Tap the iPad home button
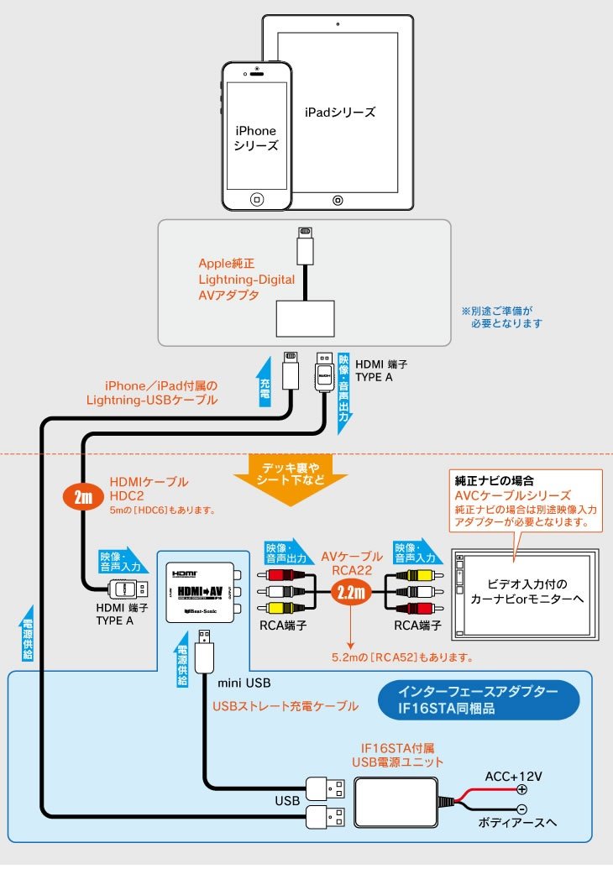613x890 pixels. [338, 200]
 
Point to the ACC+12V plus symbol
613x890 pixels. [521, 788]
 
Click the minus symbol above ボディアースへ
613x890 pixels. [521, 810]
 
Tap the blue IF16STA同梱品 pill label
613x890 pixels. [477, 699]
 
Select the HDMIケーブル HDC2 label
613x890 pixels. [149, 489]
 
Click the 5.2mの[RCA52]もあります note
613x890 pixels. [401, 657]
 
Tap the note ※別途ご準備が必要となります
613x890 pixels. [502, 316]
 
